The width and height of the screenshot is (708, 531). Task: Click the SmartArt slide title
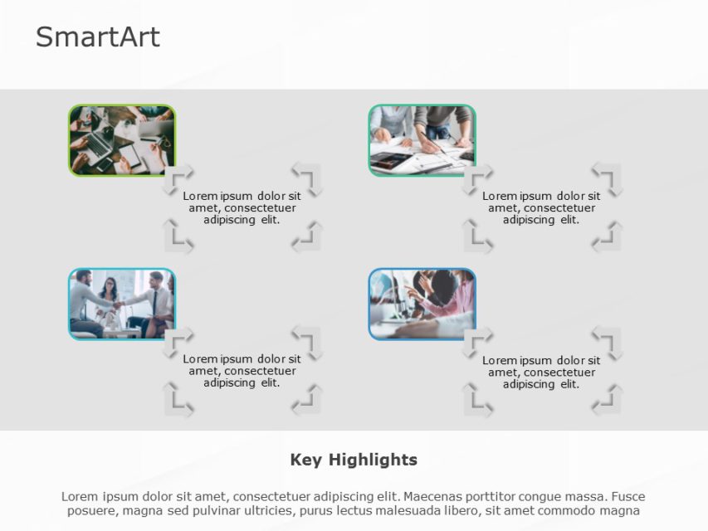[x=97, y=37]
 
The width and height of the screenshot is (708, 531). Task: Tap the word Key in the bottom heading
[x=306, y=460]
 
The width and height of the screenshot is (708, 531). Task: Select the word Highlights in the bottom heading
[x=373, y=460]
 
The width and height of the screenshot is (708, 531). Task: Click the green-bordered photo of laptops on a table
[x=122, y=140]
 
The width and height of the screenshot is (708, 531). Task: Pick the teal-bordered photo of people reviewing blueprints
[x=422, y=140]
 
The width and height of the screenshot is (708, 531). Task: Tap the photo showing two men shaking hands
[x=122, y=304]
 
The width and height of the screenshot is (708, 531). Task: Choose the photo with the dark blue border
[x=422, y=304]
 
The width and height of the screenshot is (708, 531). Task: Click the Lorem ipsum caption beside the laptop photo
[x=242, y=208]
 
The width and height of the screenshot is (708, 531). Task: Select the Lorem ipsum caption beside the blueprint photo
[x=541, y=208]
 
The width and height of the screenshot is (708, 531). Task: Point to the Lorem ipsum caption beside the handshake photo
[x=242, y=371]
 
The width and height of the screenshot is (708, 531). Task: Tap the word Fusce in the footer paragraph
[x=627, y=496]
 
